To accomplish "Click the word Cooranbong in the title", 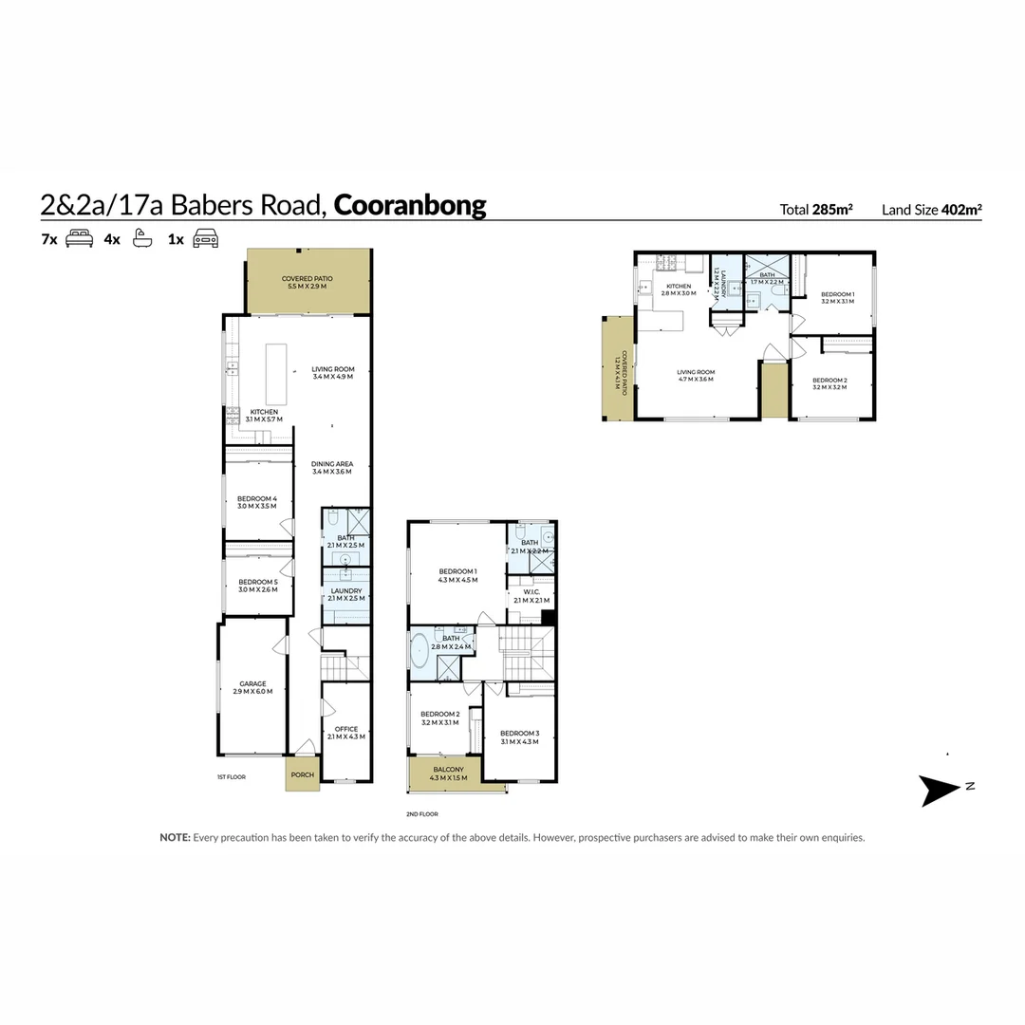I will tap(410, 206).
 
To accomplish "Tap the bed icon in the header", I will tap(79, 239).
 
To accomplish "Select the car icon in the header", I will tap(205, 239).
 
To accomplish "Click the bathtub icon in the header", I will tap(141, 239).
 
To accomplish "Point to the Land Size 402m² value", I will tap(931, 210).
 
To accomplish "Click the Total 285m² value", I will tap(815, 210).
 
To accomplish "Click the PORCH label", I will tap(302, 774).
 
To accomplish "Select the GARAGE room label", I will tap(252, 683).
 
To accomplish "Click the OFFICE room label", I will tap(346, 729).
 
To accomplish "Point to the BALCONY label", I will tap(448, 770).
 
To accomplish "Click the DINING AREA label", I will tap(332, 464).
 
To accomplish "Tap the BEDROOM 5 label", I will tap(257, 582).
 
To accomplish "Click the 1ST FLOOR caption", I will tap(231, 776).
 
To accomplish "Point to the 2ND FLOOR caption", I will tap(421, 814).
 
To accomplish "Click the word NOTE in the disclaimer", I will tap(175, 838).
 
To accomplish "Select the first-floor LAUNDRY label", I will tap(345, 590).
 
